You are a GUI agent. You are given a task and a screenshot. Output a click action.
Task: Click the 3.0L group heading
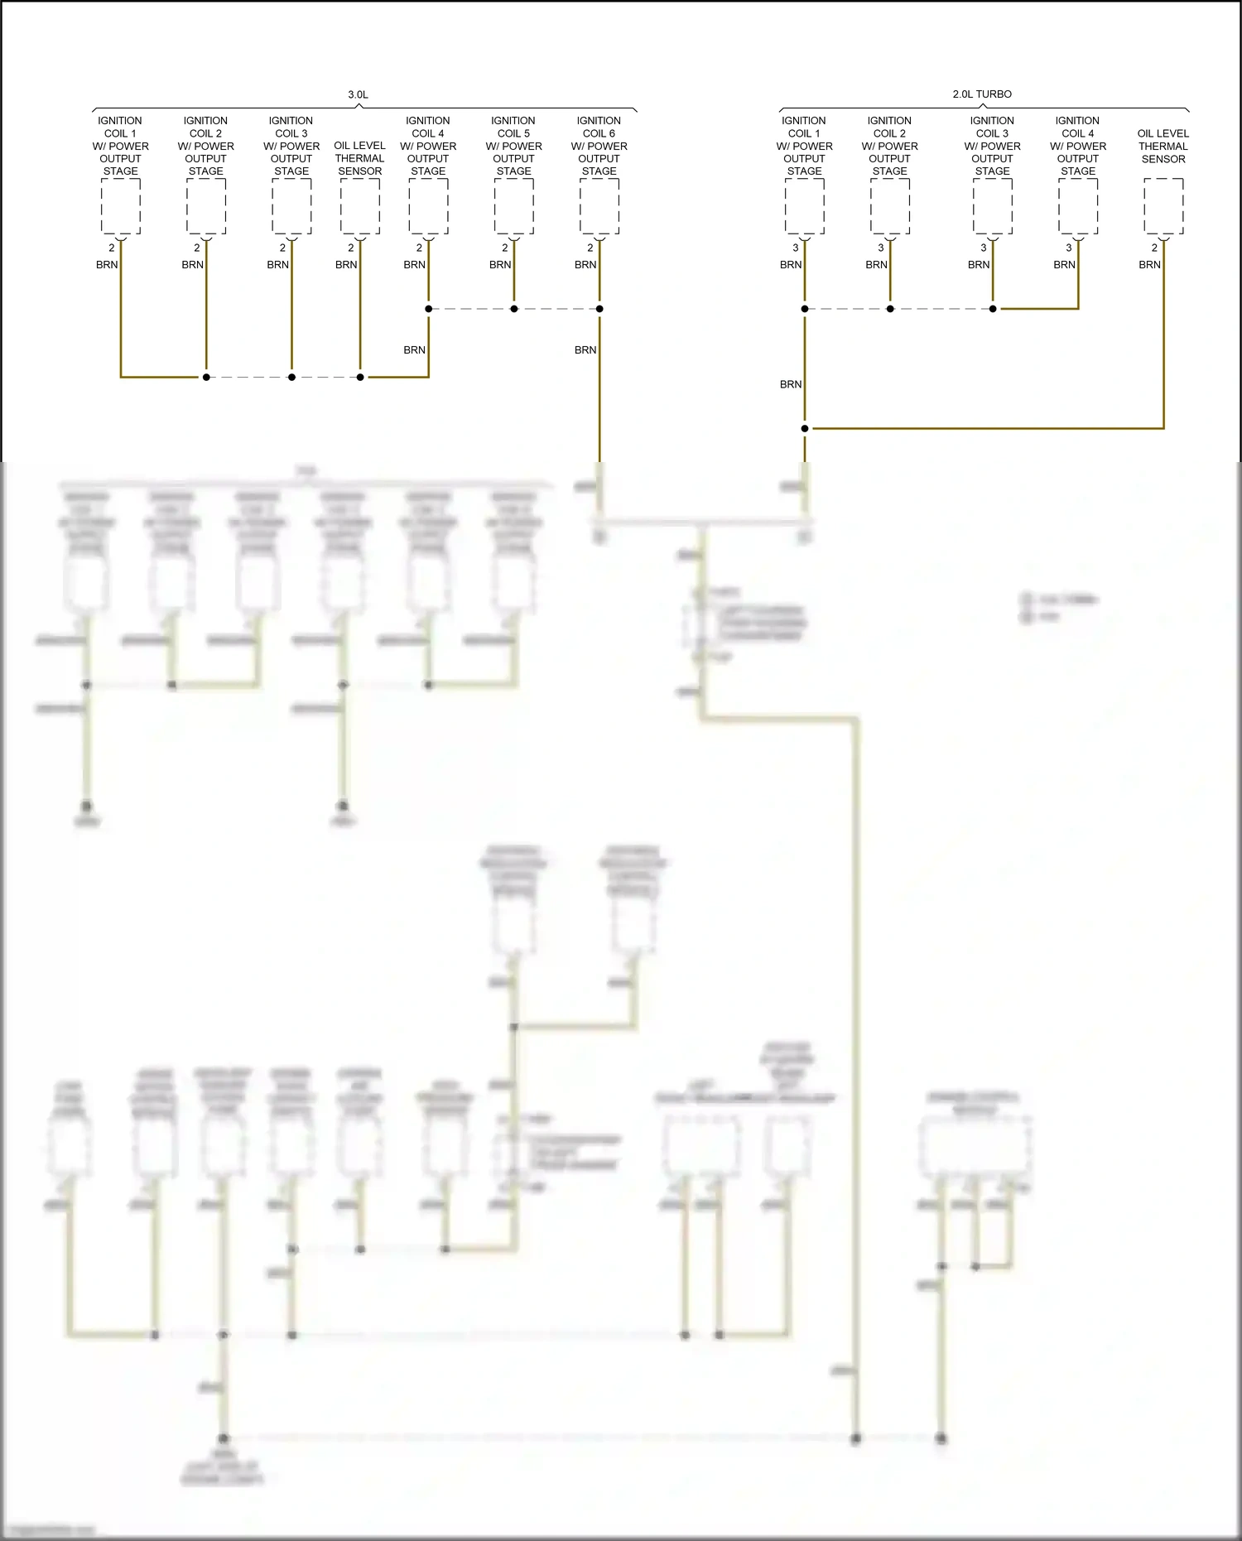click(x=358, y=94)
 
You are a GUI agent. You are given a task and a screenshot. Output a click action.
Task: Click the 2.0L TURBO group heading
click(x=982, y=94)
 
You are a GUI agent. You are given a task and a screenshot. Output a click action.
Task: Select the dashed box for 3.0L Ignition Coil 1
click(x=121, y=206)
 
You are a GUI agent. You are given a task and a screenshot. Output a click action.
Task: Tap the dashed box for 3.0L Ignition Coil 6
click(x=599, y=206)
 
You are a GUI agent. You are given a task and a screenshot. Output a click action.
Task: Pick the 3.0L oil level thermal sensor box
click(x=360, y=206)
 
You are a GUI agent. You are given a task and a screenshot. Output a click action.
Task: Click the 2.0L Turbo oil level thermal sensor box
click(x=1163, y=206)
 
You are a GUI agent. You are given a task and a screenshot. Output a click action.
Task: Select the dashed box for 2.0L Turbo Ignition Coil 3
click(x=993, y=206)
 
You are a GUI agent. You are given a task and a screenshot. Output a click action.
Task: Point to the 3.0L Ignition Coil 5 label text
click(x=513, y=146)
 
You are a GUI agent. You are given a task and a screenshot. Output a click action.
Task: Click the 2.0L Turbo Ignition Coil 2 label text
click(x=890, y=146)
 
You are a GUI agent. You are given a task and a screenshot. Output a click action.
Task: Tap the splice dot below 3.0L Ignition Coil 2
click(x=206, y=377)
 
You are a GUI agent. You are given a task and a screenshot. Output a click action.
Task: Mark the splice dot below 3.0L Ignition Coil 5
click(x=514, y=309)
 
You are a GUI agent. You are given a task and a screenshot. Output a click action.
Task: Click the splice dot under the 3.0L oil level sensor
click(x=360, y=377)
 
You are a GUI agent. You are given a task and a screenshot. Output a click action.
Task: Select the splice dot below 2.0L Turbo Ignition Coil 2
click(x=890, y=309)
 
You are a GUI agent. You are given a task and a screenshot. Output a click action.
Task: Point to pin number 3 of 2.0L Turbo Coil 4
click(x=1069, y=248)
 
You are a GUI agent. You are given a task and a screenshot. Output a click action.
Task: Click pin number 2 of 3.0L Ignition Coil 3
click(x=282, y=248)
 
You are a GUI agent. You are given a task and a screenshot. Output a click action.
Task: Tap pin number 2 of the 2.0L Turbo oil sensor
click(x=1154, y=248)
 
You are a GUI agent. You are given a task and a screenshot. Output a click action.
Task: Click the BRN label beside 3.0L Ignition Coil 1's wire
click(x=107, y=265)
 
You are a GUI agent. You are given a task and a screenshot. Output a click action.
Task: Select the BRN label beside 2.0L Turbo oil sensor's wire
click(x=1149, y=265)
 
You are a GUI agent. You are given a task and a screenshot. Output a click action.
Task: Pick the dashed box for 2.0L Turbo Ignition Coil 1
click(x=805, y=206)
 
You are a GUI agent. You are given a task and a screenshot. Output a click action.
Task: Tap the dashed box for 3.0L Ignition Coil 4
click(x=429, y=206)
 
